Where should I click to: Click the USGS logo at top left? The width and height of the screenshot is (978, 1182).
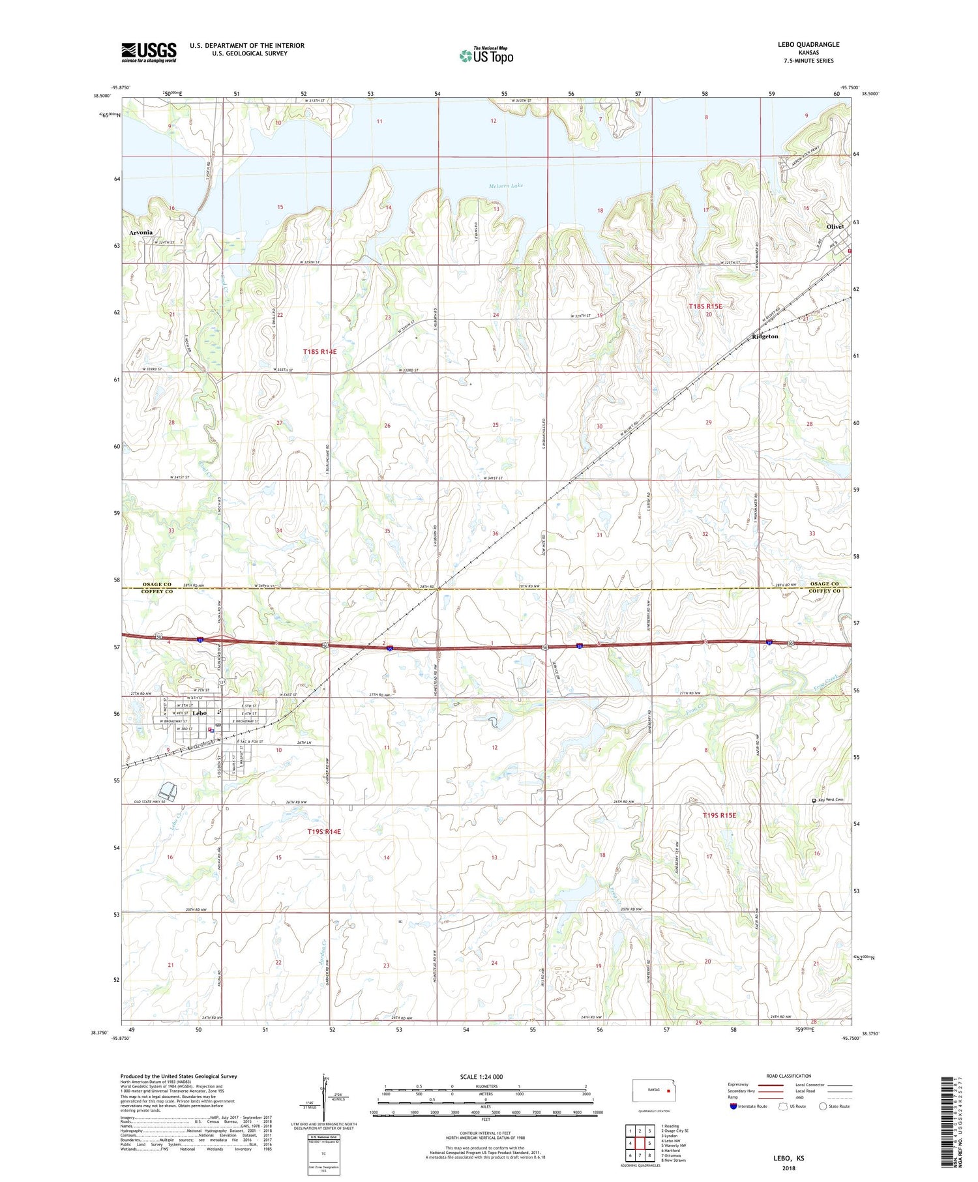(149, 52)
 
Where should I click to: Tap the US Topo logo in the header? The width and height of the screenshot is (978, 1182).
(486, 56)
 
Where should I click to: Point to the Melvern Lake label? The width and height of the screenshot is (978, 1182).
(506, 186)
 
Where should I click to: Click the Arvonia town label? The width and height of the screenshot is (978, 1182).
(141, 233)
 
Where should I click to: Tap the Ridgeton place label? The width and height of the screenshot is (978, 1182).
(765, 337)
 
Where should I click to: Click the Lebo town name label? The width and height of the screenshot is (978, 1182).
(200, 713)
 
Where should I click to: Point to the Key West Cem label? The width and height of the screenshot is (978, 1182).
(831, 800)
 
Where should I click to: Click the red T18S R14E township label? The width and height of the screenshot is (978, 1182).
(319, 352)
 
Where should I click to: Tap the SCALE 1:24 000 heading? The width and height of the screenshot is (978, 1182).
(481, 1077)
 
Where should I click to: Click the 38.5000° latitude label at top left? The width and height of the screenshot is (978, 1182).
(102, 96)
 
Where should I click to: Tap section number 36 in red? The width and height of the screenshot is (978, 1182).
(495, 534)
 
